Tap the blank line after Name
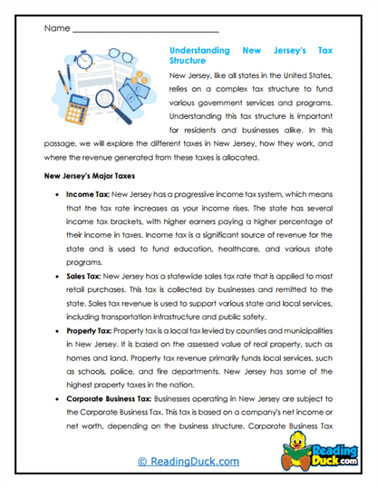click(145, 31)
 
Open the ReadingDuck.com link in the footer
click(188, 463)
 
